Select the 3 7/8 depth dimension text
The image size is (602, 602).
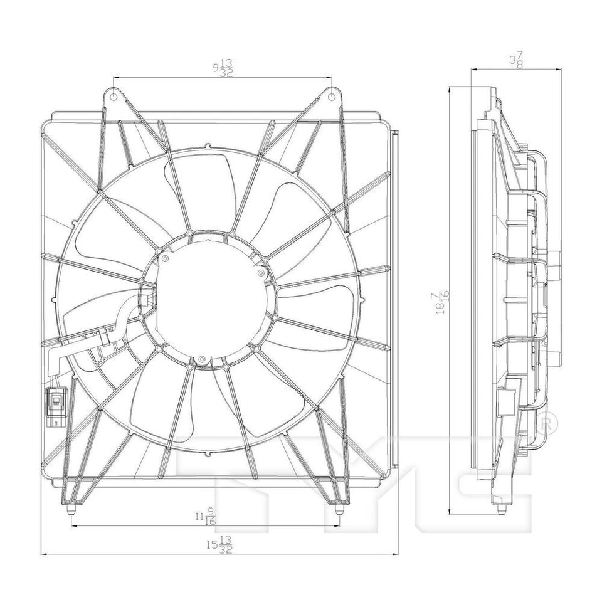[x=515, y=60]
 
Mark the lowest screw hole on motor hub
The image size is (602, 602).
[x=201, y=359]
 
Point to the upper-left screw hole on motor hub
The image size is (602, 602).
[x=165, y=258]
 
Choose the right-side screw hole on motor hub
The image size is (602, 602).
[x=260, y=273]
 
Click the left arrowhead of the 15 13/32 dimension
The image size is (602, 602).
[x=43, y=554]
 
